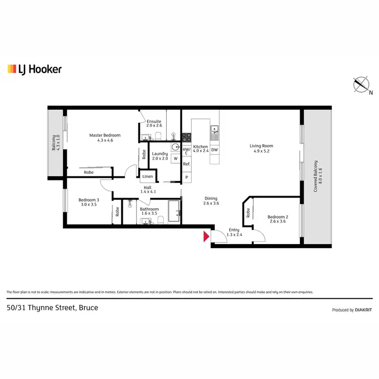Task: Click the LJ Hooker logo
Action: coord(34,69)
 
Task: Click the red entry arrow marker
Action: coord(206,236)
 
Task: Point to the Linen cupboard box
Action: coord(148,176)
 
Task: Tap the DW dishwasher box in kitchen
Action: coord(214,150)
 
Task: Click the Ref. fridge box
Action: coord(186,164)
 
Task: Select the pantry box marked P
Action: coord(186,177)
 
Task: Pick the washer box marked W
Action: coord(175,159)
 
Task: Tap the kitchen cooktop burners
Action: coord(186,136)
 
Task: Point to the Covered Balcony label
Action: coord(316,176)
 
